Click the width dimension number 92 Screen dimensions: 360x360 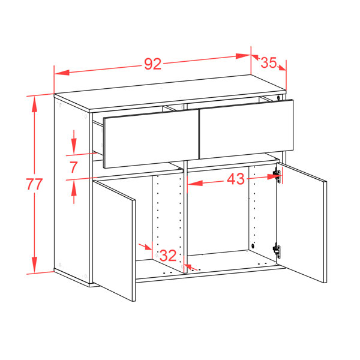click(x=152, y=64)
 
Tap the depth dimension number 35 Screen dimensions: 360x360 click(x=268, y=62)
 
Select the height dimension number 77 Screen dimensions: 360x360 click(x=34, y=184)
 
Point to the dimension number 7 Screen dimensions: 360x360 click(x=74, y=167)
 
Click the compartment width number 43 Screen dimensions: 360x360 click(x=236, y=179)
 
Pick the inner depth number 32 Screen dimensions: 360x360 click(x=168, y=256)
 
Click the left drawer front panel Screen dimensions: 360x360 click(x=151, y=139)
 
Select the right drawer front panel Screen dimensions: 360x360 click(x=247, y=129)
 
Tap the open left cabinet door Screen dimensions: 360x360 click(x=114, y=241)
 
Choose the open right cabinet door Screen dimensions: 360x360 click(x=302, y=223)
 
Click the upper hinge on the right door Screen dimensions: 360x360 click(x=277, y=176)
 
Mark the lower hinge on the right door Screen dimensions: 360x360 click(x=277, y=251)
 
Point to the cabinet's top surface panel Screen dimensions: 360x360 click(x=170, y=93)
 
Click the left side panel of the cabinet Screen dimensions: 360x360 click(x=71, y=190)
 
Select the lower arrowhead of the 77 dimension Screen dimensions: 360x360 click(x=34, y=265)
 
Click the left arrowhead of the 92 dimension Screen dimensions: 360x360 click(x=62, y=73)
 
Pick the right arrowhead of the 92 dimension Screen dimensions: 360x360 click(x=243, y=56)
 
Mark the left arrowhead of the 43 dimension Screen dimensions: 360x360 click(x=195, y=183)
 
